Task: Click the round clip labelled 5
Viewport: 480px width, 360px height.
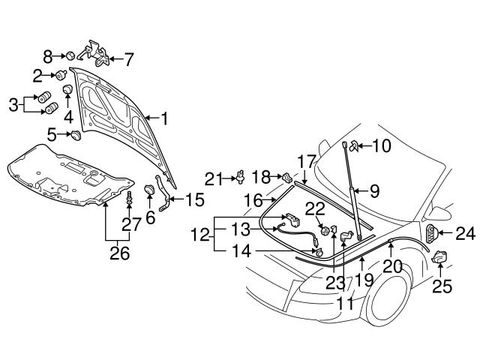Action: pos(75,136)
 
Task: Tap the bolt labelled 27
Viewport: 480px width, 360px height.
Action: pos(129,199)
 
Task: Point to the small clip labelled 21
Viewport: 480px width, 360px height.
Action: pos(241,177)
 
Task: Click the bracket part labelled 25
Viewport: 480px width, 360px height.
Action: pos(439,257)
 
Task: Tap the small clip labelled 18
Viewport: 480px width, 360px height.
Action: pos(286,177)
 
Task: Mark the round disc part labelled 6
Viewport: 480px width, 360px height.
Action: pos(148,189)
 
